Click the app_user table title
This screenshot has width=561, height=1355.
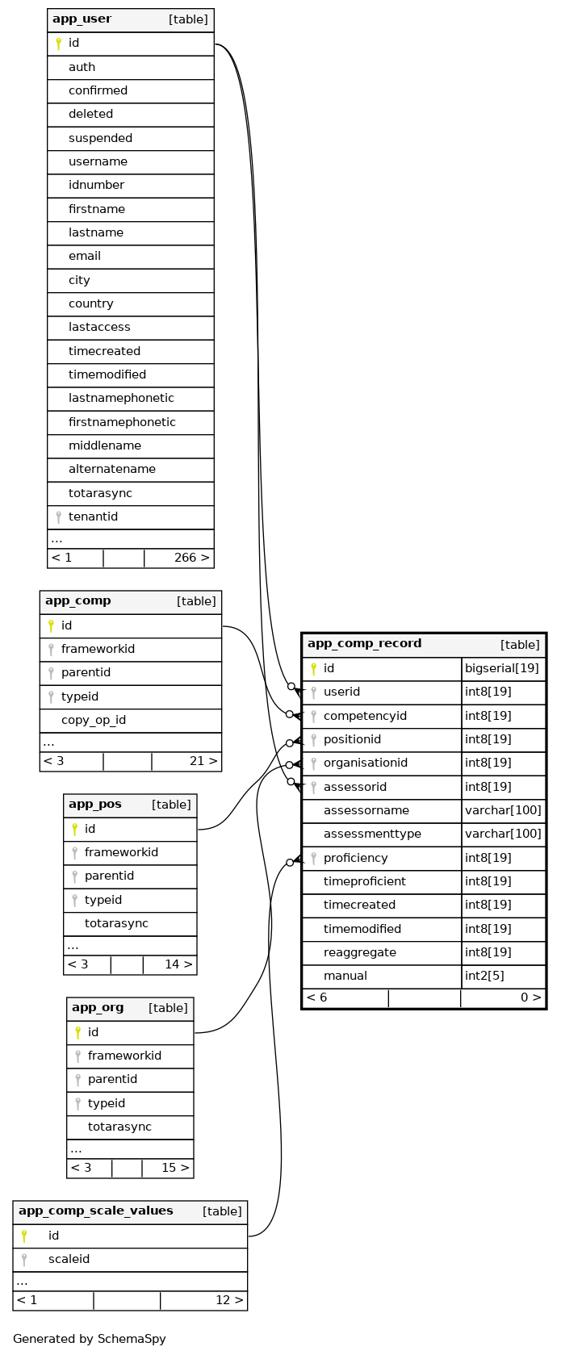pos(82,19)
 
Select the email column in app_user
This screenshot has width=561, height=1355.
pos(85,257)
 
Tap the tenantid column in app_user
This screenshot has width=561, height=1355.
pos(93,516)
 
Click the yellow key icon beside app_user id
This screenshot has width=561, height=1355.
pos(58,44)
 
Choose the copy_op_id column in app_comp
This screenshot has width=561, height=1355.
pos(94,720)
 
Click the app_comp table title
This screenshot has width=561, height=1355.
pos(78,601)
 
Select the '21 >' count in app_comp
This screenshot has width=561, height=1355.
pos(203,761)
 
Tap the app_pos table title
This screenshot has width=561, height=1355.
pos(95,805)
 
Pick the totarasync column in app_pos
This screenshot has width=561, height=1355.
pos(116,923)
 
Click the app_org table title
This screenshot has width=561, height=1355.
pos(98,1008)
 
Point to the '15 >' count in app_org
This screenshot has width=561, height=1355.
pos(175,1168)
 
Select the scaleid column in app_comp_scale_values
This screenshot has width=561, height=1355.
pos(69,1259)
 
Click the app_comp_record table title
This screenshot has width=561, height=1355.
pos(364,644)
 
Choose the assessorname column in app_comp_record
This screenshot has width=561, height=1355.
pos(366,810)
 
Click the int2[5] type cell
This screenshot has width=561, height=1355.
pos(485,976)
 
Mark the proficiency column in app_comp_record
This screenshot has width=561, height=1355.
pos(355,858)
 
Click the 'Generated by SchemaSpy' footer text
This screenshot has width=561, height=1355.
pos(90,1339)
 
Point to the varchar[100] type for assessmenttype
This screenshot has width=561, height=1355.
pos(503,834)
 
